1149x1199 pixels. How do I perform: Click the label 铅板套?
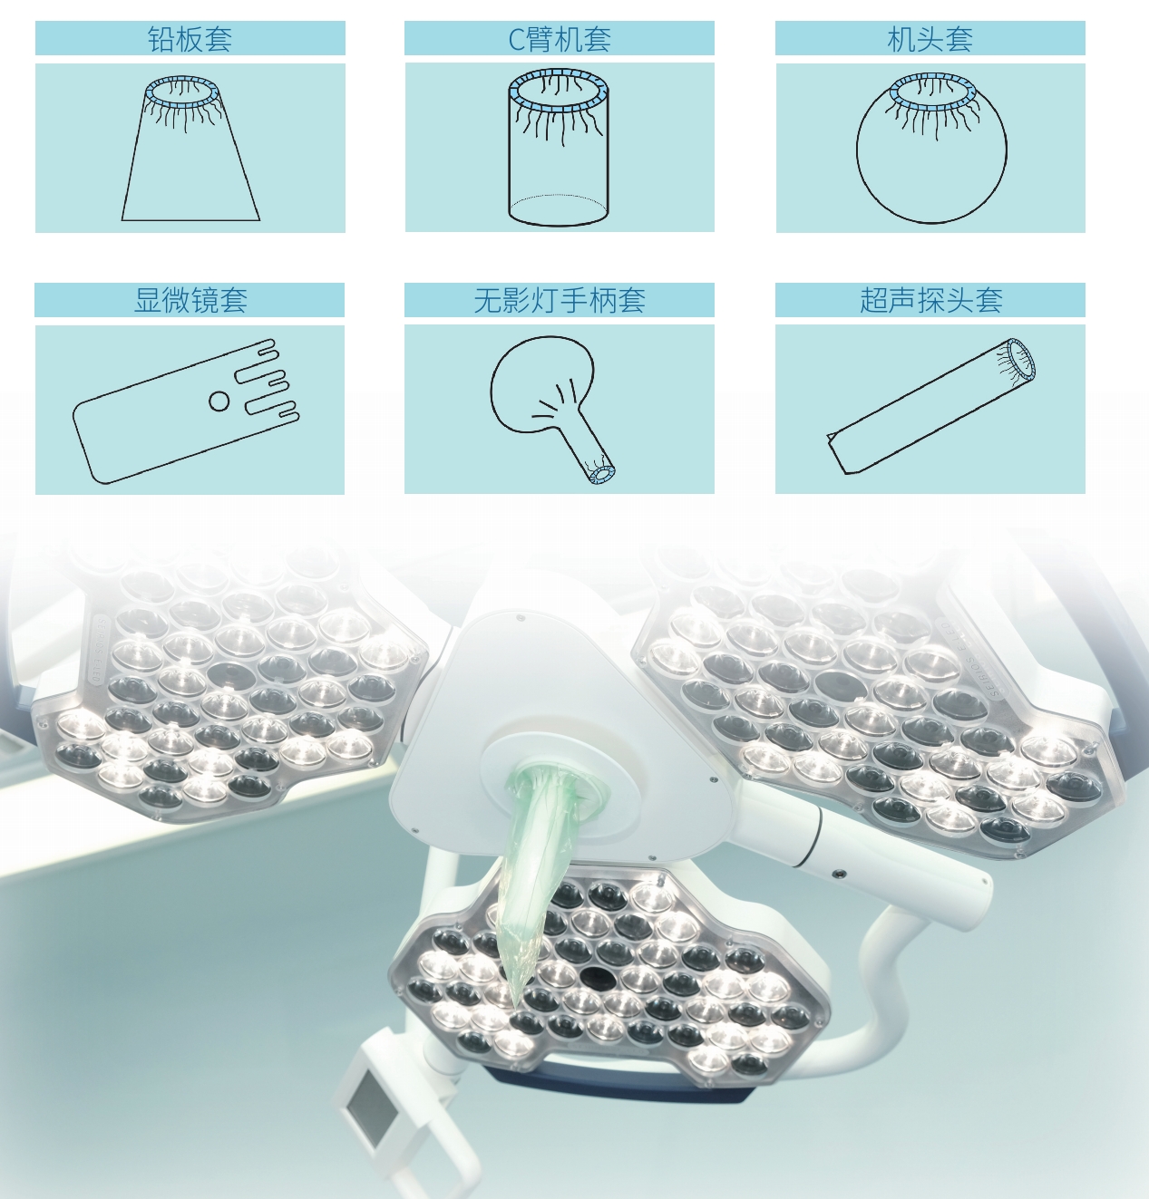190,39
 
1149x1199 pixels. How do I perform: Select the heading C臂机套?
560,39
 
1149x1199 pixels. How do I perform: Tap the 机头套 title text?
930,39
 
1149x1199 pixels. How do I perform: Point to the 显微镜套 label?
190,300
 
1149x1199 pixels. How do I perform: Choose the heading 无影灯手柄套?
560,300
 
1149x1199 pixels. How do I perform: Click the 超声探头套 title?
930,300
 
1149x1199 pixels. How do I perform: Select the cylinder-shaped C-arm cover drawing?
558,148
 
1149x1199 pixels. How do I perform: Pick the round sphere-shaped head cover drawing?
931,149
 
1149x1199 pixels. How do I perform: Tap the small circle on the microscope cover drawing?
219,401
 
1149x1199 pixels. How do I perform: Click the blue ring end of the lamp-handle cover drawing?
601,474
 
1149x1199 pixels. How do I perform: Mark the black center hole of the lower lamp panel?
595,975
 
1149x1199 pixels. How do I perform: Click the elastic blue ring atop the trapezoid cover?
182,92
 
